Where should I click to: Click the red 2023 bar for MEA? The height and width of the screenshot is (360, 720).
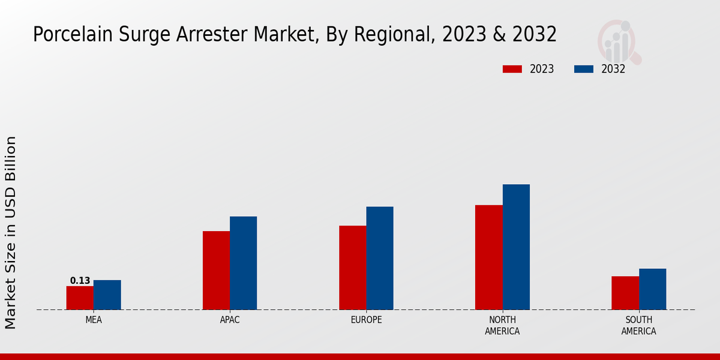click(80, 298)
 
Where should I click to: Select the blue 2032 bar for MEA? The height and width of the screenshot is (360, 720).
click(107, 295)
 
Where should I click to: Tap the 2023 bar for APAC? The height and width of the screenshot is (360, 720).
click(216, 270)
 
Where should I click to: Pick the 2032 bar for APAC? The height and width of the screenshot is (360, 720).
click(243, 263)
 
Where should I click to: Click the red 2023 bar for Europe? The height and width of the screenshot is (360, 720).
click(352, 268)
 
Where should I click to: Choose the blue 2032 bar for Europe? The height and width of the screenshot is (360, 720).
click(380, 258)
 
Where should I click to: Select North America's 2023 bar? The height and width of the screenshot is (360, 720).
click(488, 257)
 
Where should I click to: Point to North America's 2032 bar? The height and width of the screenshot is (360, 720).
click(516, 247)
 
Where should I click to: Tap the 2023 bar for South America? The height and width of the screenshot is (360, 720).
click(625, 293)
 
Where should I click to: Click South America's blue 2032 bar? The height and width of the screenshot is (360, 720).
click(652, 289)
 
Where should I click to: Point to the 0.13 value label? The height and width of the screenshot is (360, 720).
click(80, 281)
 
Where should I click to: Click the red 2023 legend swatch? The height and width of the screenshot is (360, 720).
click(512, 69)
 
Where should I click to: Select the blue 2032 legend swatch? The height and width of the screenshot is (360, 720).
click(584, 69)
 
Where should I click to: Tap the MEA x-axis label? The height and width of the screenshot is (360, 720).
click(94, 320)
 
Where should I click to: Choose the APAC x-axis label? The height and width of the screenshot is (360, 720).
click(230, 320)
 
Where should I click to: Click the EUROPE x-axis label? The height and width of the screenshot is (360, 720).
click(366, 320)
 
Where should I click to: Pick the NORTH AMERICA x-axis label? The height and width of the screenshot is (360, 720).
click(503, 325)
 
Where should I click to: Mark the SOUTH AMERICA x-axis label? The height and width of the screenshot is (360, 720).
click(638, 325)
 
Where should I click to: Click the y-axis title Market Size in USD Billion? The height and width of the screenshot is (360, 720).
click(11, 232)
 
